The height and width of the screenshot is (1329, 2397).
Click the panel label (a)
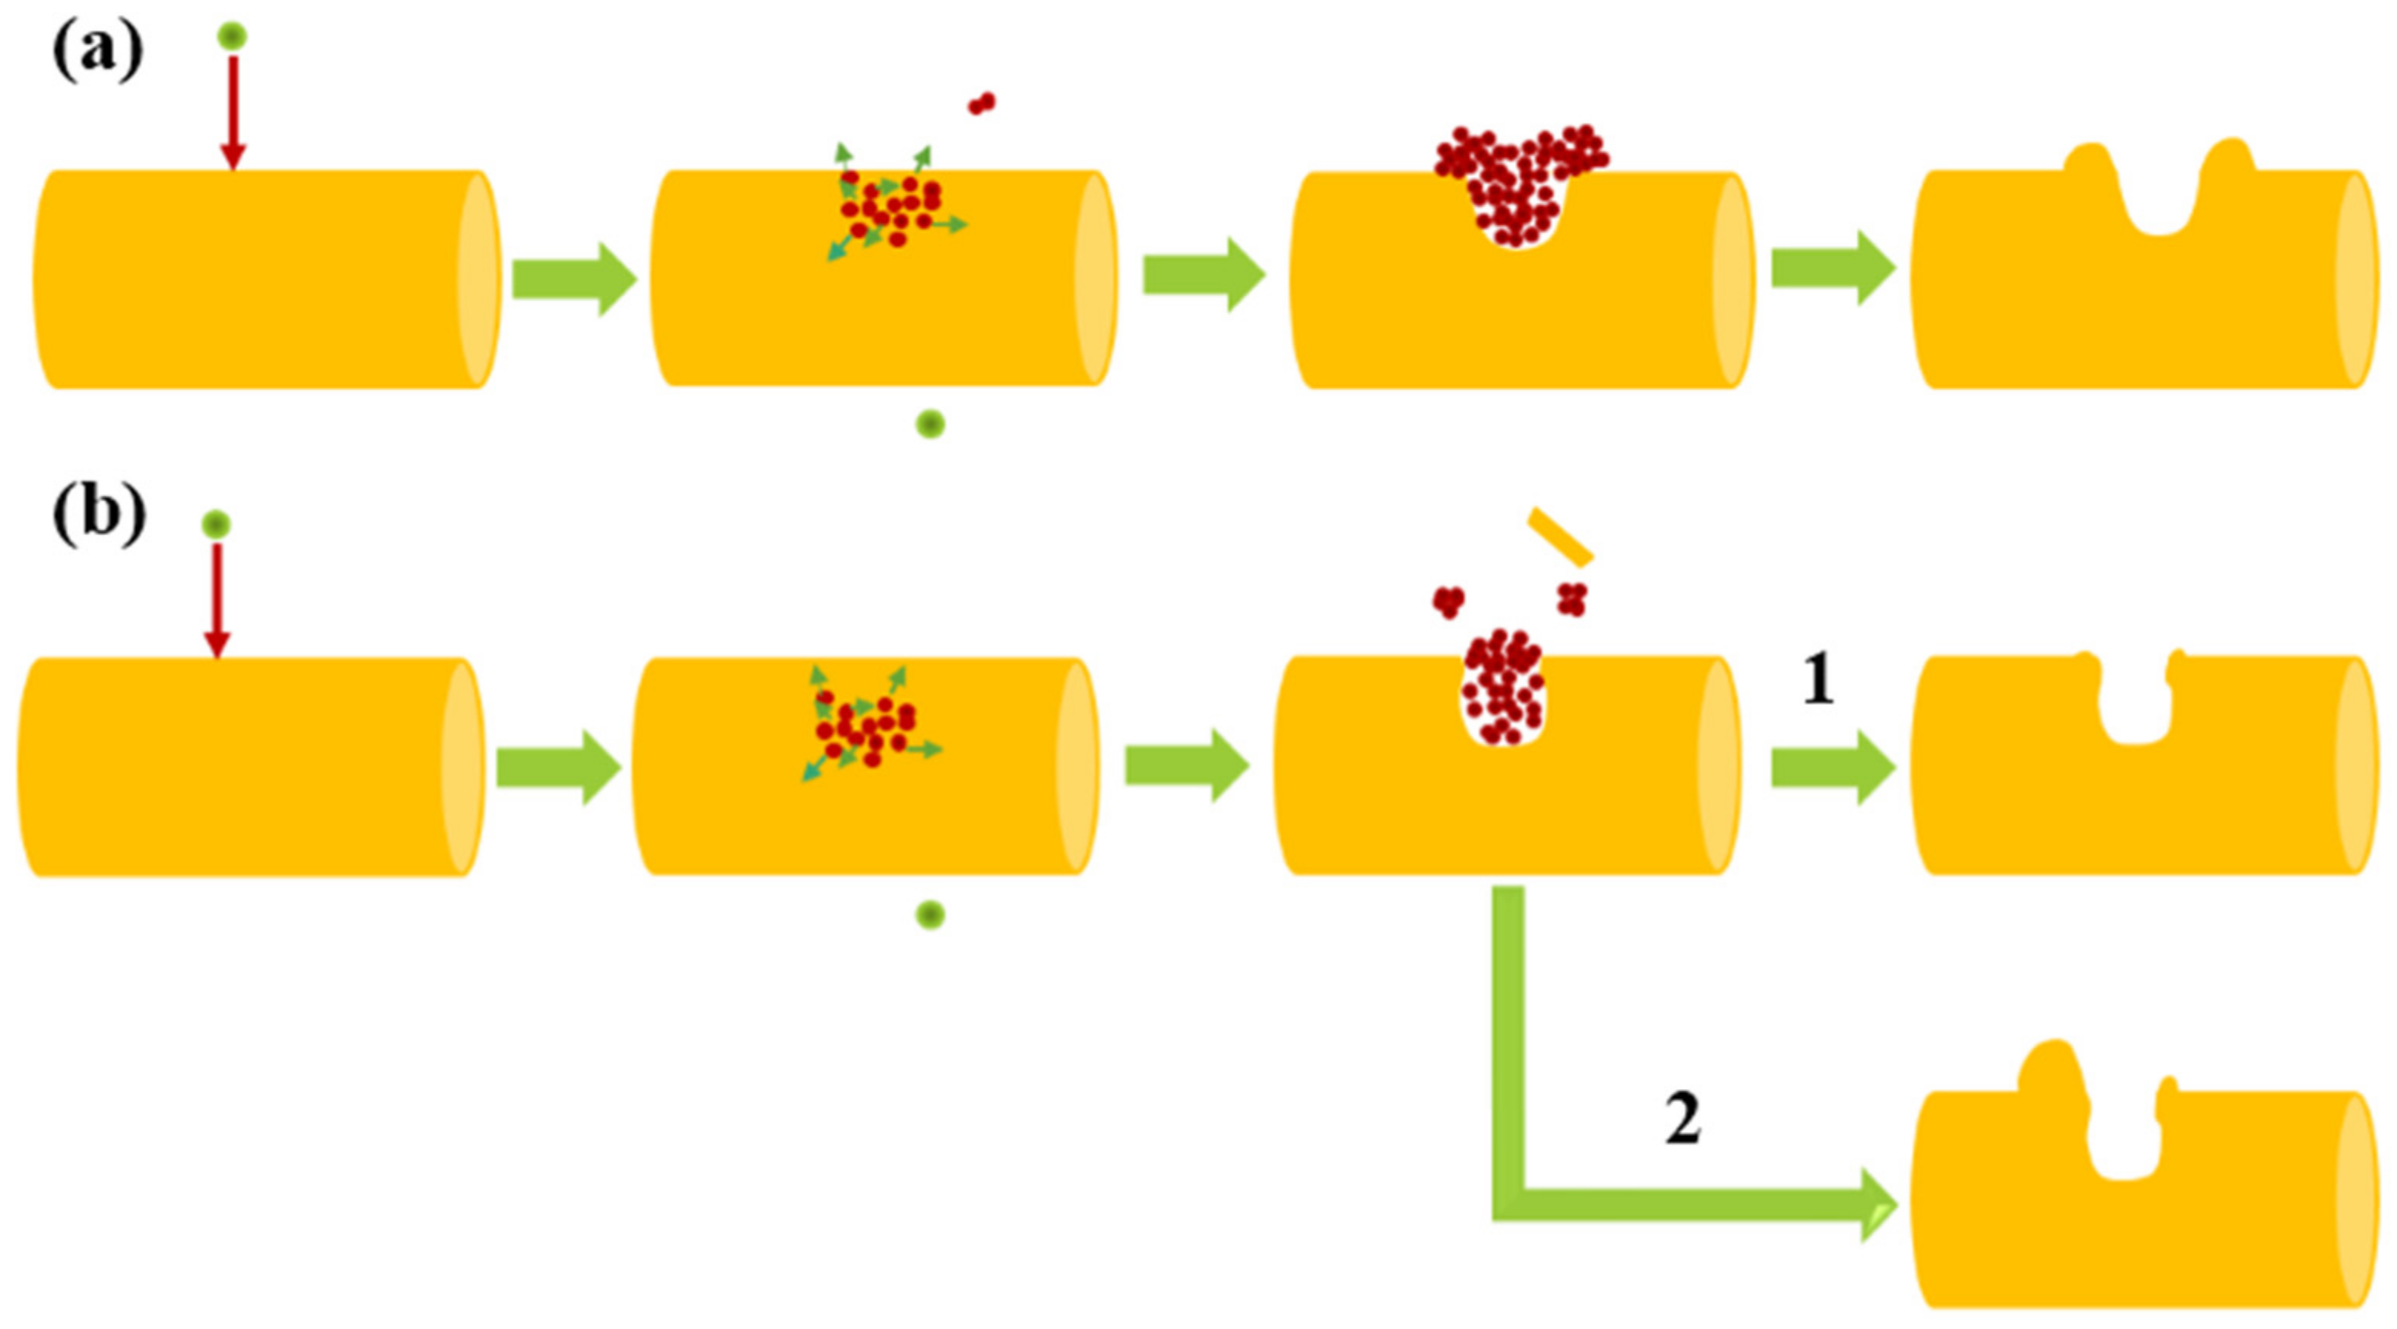tap(97, 52)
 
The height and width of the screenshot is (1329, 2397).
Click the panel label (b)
tap(98, 514)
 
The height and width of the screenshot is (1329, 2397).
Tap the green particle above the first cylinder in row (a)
tap(232, 36)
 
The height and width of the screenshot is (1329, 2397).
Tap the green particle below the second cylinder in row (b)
tap(931, 916)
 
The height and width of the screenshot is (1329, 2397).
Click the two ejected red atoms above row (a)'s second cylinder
tap(982, 102)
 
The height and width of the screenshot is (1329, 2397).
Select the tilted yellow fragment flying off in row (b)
tap(1561, 537)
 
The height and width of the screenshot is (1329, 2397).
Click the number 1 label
tap(1819, 681)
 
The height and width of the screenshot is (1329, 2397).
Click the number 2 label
tap(1682, 1120)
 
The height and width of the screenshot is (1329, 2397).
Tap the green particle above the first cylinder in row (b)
tap(217, 525)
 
